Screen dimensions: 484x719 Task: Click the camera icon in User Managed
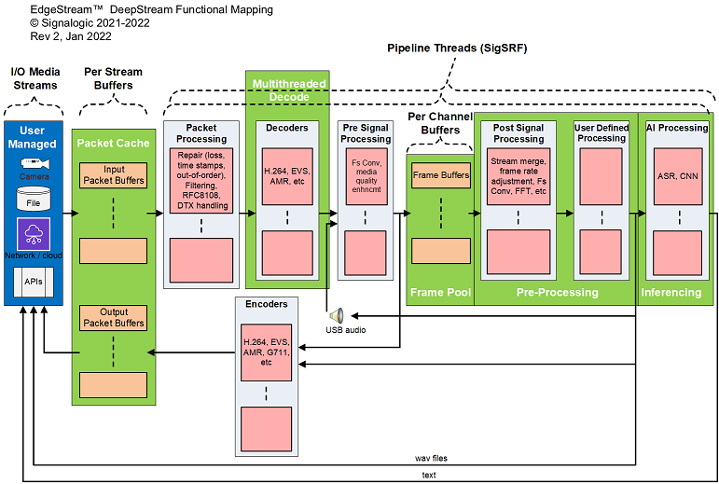33,164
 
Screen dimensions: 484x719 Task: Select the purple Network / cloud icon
33,233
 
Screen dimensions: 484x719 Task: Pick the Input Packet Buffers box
113,174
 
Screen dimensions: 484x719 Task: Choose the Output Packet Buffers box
113,317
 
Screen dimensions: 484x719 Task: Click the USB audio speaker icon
335,315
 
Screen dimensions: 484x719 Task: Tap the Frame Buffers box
441,174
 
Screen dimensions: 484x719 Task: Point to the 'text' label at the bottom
428,476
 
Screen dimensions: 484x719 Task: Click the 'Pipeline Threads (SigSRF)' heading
449,48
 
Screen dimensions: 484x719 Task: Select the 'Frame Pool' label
440,292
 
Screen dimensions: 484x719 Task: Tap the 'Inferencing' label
671,292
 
